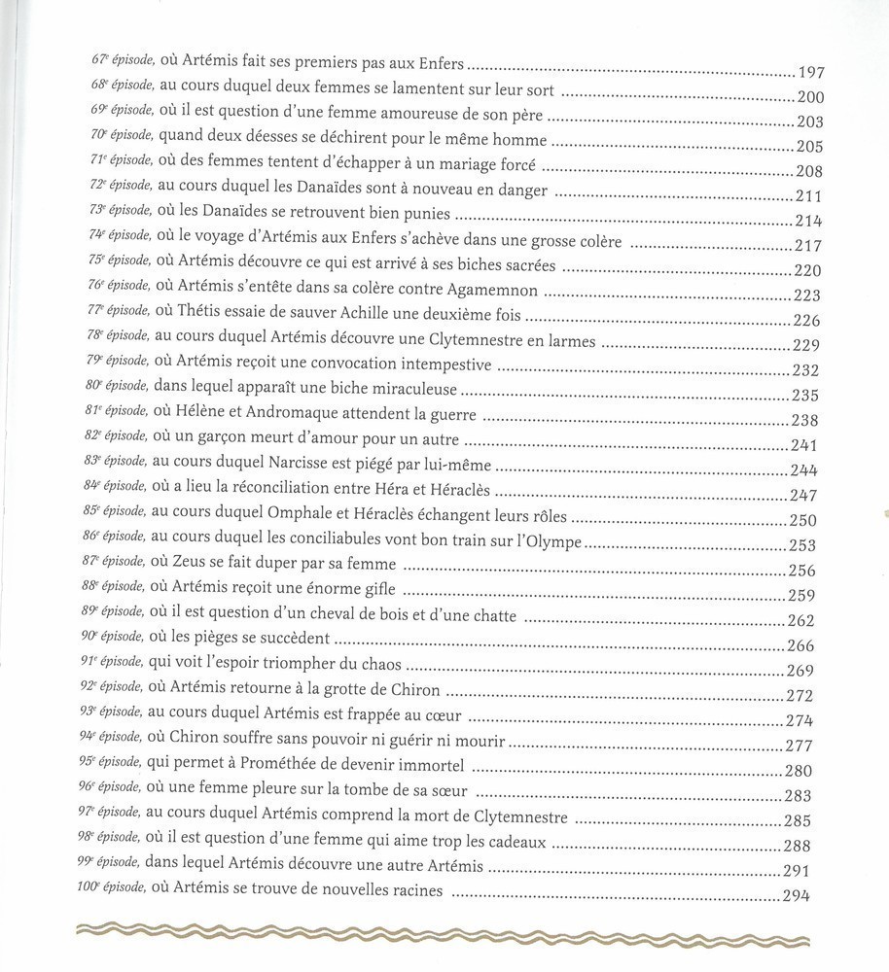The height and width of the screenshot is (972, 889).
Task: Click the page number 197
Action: (810, 71)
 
